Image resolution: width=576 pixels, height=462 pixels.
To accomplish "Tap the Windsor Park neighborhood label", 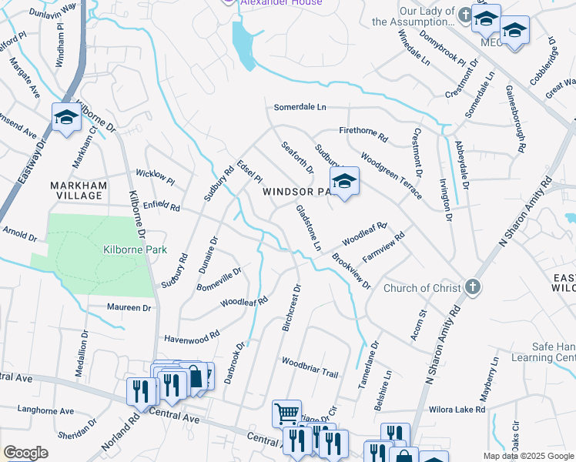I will [x=296, y=191].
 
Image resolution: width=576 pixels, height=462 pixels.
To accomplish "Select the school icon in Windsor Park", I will [x=344, y=182].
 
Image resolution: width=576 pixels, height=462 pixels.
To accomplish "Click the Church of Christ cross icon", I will [x=473, y=288].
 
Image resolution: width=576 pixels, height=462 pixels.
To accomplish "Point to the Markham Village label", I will [x=76, y=190].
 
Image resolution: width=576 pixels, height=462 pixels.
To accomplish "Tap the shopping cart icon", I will [x=286, y=414].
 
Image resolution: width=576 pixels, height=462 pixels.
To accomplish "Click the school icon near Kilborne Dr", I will [x=67, y=118].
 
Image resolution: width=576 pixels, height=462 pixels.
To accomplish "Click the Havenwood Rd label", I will [x=192, y=337].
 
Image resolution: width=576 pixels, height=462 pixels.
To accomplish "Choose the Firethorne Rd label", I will [x=363, y=133].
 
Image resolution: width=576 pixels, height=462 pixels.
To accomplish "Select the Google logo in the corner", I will [x=25, y=453].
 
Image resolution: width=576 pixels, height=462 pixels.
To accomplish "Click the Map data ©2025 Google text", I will [x=528, y=456].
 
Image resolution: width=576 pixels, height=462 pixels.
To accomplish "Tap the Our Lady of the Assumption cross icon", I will [x=464, y=15].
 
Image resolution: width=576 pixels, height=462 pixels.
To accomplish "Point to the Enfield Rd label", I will [x=161, y=207].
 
